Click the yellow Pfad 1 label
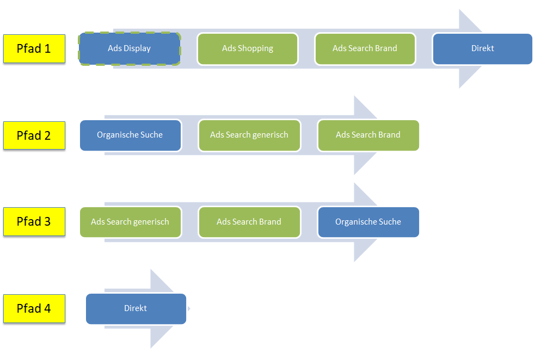tap(34, 48)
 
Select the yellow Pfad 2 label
tap(34, 135)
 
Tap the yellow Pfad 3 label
tap(34, 222)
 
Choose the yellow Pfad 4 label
tap(34, 308)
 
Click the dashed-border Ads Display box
tap(130, 48)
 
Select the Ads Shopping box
tap(248, 48)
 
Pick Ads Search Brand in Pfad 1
tap(365, 48)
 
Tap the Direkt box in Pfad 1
tap(482, 48)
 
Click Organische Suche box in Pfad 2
tap(130, 135)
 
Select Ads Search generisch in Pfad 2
tap(249, 135)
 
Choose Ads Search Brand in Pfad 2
tap(368, 135)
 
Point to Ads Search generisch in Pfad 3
tap(130, 222)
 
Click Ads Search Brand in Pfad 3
tap(249, 222)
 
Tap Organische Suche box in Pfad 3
tap(368, 222)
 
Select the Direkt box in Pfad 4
tap(136, 308)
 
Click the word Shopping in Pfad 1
tap(255, 48)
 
